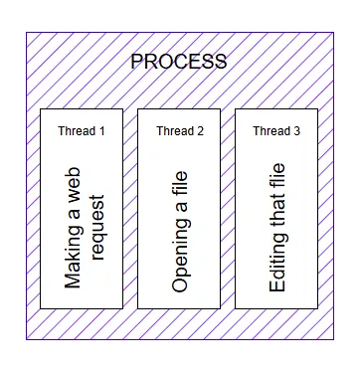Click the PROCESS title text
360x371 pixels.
179,62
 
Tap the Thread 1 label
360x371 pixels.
82,130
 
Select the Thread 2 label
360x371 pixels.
180,130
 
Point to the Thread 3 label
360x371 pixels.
276,130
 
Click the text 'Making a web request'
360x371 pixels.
83,227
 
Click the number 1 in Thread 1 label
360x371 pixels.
100,130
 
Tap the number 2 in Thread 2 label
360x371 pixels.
200,130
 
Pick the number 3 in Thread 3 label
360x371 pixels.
296,130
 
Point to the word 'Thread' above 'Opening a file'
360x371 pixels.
174,130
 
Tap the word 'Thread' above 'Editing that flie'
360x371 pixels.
270,130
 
